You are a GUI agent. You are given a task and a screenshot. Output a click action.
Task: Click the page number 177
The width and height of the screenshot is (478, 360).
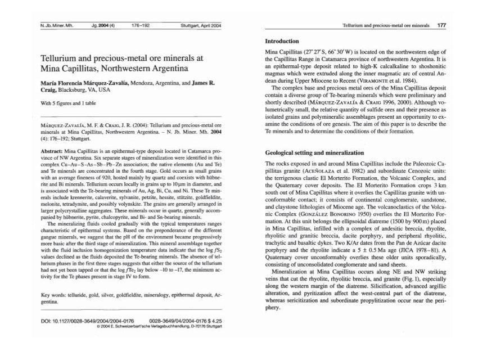coord(441,26)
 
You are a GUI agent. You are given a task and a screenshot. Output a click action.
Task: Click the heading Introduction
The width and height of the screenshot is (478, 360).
coord(282,41)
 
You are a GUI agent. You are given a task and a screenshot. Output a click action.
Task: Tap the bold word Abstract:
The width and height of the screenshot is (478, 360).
coord(54,152)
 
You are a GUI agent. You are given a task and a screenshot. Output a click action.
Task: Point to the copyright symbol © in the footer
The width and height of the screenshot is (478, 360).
coord(98,326)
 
